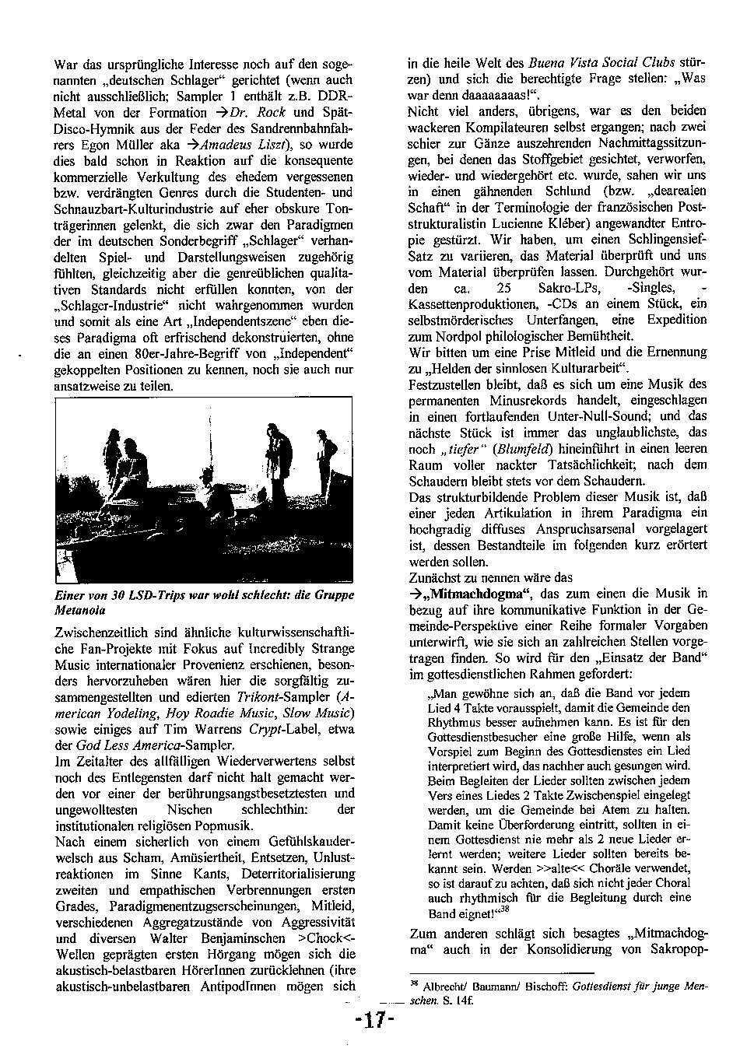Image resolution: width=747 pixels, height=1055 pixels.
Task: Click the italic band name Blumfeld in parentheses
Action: point(524,449)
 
